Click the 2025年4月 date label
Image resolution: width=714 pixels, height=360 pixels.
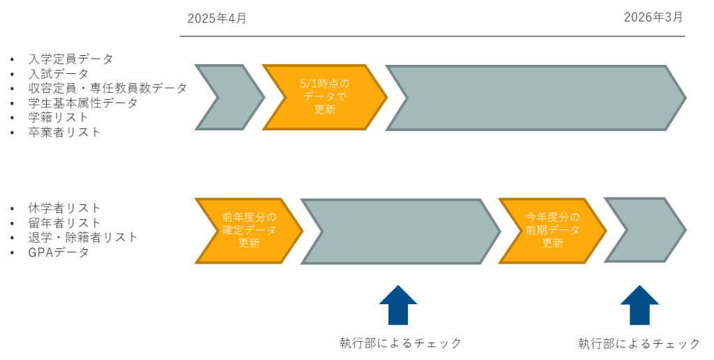217,18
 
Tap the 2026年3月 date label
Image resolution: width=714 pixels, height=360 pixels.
653,17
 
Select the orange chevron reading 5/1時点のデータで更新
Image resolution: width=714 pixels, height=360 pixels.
324,97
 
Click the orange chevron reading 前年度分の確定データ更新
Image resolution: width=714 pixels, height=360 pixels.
248,231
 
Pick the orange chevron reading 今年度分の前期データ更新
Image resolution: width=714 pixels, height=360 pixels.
552,231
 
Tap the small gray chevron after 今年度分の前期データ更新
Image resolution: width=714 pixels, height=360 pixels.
643,230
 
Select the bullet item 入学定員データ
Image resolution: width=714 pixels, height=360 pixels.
70,59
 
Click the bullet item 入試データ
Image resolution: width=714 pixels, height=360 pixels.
59,74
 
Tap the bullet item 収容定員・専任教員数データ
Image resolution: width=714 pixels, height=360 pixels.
107,89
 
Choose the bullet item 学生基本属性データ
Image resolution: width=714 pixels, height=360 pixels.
83,103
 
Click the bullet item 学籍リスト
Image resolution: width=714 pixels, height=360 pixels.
59,117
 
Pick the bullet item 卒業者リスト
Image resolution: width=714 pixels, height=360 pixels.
64,132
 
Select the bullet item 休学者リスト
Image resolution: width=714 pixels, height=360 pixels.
64,208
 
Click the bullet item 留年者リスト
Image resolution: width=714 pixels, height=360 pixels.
64,223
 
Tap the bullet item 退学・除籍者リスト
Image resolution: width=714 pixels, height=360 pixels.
82,237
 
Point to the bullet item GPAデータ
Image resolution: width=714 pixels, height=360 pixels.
59,252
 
